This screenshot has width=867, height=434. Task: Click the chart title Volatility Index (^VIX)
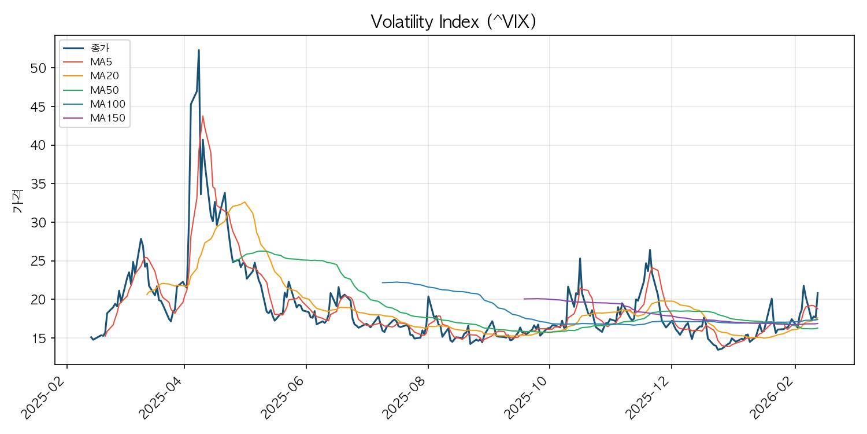pos(454,21)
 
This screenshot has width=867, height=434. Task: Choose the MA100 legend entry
pos(108,104)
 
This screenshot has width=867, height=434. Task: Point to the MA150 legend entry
pos(108,119)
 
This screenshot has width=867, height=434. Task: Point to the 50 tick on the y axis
pos(36,68)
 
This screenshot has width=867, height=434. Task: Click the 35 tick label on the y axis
pos(36,183)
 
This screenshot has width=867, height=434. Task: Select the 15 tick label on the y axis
pos(36,338)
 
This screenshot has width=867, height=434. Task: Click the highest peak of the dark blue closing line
pos(199,50)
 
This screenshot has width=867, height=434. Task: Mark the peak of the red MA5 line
pos(202,116)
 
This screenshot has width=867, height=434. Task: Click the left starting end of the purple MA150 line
pos(524,299)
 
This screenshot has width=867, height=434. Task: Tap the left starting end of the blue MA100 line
pos(382,282)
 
